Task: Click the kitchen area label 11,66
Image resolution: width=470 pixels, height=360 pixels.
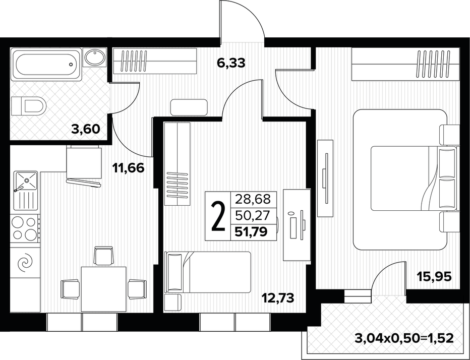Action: (130, 168)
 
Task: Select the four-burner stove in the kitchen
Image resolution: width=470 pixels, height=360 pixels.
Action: (25, 228)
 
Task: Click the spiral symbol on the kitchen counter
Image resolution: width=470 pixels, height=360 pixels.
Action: (25, 262)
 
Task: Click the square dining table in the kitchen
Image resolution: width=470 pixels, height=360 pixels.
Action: (103, 288)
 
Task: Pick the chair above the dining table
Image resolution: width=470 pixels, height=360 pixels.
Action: (104, 255)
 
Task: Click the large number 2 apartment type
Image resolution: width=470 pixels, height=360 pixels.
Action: (218, 217)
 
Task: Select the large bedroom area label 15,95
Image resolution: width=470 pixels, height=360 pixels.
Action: (433, 276)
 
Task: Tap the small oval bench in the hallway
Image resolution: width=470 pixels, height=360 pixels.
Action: (189, 107)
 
